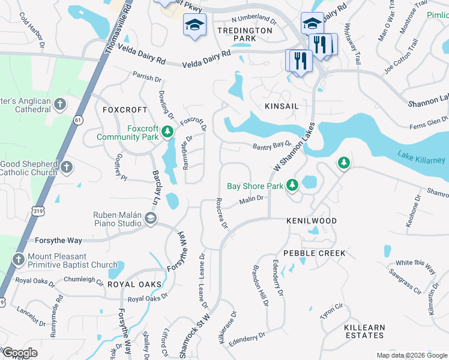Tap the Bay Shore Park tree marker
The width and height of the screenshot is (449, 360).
[292, 185]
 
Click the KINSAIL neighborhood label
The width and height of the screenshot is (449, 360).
[281, 106]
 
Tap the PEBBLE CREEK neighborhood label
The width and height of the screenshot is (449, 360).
[315, 253]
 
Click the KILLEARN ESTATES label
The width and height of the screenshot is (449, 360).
[364, 331]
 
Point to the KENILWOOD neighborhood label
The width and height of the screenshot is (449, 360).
[312, 221]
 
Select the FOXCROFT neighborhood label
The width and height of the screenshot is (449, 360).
[124, 110]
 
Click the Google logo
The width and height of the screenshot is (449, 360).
[19, 353]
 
